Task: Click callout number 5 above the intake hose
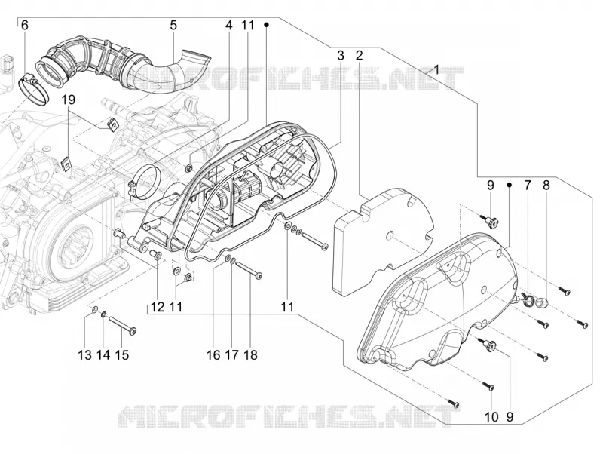(173, 26)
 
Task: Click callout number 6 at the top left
(25, 26)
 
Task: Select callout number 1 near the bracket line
(436, 70)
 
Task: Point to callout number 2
(360, 55)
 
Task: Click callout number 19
(69, 100)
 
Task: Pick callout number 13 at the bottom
(85, 354)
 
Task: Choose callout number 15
(122, 354)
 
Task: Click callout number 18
(250, 354)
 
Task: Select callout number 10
(492, 417)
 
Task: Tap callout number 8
(546, 186)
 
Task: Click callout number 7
(527, 186)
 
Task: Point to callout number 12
(158, 307)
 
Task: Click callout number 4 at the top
(229, 26)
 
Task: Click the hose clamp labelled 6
(34, 87)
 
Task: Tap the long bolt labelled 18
(249, 269)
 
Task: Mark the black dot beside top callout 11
(266, 25)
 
